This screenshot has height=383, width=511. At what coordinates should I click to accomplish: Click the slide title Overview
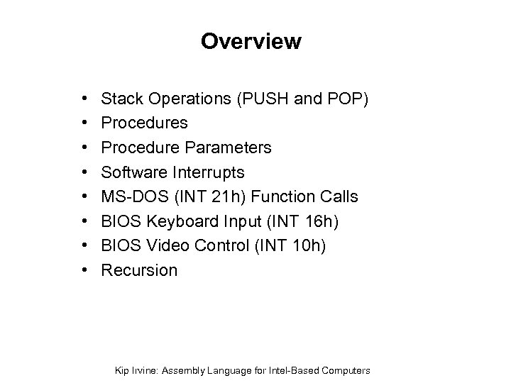click(251, 42)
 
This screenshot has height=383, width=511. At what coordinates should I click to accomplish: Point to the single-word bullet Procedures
click(145, 123)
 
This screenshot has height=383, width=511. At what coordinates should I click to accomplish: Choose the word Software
click(134, 172)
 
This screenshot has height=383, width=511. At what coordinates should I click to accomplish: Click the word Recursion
click(140, 270)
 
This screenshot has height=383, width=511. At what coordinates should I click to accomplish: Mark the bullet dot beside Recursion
click(84, 270)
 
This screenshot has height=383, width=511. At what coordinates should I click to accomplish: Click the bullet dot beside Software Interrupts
click(84, 172)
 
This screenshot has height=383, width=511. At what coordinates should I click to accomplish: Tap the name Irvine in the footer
click(147, 370)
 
